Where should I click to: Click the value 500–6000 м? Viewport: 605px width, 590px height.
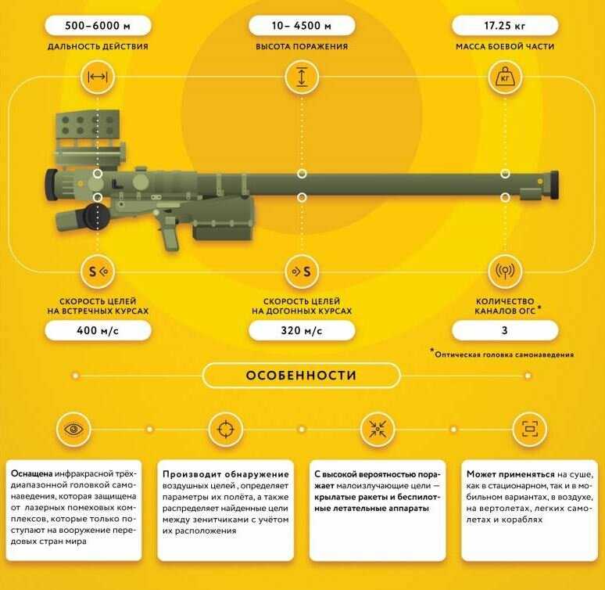pos(98,26)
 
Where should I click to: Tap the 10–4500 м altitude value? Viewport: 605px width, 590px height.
pos(302,26)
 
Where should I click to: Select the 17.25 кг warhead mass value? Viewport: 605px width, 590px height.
pos(505,26)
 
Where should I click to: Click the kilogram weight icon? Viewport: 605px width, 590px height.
pos(505,77)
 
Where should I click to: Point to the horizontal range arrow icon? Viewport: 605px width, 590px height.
pos(98,77)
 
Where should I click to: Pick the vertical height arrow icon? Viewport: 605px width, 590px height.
pos(302,77)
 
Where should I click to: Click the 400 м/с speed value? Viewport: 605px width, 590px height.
pos(98,331)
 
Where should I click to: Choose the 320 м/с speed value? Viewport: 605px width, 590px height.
pos(302,331)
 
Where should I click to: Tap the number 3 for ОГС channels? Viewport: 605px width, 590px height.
pos(505,331)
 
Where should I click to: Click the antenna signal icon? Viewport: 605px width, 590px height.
pos(505,271)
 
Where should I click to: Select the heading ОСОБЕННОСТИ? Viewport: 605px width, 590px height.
pos(302,376)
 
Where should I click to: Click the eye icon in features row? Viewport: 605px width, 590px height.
pos(73,430)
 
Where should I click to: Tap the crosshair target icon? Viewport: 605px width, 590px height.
pos(226,430)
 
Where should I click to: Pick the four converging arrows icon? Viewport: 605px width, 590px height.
pos(378,430)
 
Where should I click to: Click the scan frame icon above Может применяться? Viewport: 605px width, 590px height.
pos(530,430)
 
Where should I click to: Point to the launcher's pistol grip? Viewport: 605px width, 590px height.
pos(169,234)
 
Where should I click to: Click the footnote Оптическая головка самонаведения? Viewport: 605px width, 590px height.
pos(504,354)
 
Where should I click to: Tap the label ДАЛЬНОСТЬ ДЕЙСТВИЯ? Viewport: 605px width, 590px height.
pos(98,47)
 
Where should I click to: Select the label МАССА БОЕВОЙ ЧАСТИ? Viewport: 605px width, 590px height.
pos(505,47)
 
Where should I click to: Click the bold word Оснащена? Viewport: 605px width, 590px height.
pos(31,473)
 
